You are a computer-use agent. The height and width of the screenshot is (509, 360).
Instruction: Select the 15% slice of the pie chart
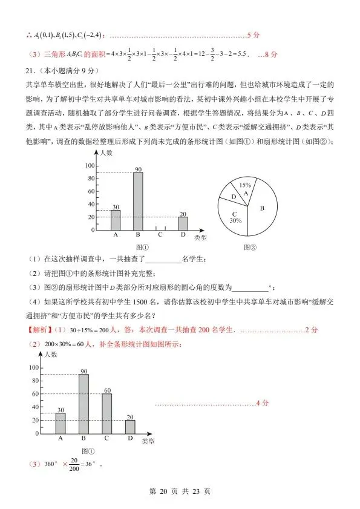[245, 188]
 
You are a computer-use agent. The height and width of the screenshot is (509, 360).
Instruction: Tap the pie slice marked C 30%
[235, 217]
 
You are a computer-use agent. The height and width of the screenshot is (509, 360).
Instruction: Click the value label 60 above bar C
[106, 389]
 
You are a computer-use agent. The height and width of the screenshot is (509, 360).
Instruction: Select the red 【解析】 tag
[39, 330]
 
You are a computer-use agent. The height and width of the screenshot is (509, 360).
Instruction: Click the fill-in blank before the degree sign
[249, 287]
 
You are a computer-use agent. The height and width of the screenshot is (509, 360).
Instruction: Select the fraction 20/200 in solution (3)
[74, 465]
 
